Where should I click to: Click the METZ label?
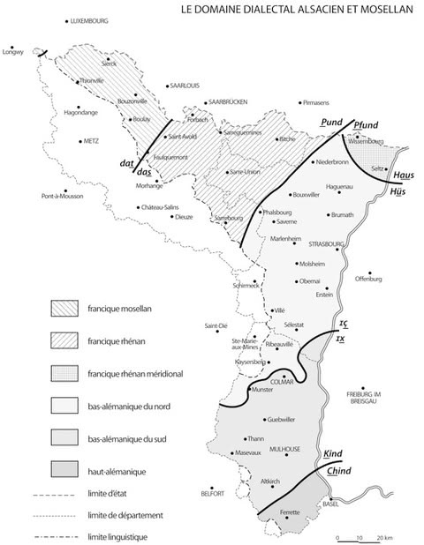click(x=92, y=140)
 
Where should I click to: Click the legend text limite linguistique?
click(x=131, y=536)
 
